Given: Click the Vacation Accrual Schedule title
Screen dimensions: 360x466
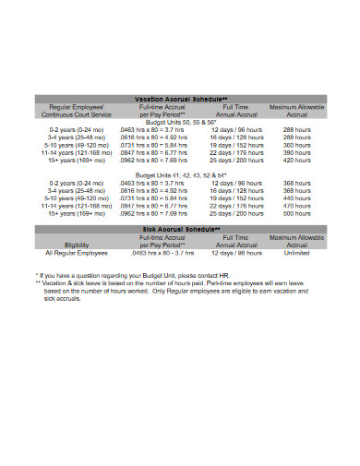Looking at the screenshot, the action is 180,99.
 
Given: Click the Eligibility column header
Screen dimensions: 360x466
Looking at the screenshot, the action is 77,245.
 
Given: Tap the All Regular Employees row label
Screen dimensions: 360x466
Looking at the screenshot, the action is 77,252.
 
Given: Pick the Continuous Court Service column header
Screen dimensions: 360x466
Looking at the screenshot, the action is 77,114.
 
